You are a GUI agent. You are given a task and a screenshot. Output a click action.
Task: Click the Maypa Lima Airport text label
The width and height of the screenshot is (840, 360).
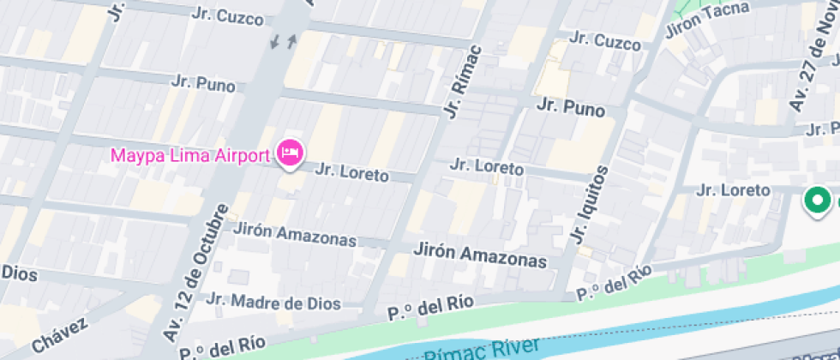click(x=190, y=156)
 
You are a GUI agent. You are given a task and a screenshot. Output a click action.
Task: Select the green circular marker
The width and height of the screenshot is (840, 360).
click(x=818, y=201)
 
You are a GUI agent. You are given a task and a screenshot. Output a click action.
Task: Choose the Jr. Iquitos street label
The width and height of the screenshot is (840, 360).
click(x=591, y=204)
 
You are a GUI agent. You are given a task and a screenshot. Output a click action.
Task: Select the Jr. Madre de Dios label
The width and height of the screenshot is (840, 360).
click(x=273, y=303)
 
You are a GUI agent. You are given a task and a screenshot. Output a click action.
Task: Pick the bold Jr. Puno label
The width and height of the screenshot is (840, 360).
click(x=570, y=109)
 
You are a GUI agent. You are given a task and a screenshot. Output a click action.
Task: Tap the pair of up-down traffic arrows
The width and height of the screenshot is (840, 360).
click(x=284, y=40)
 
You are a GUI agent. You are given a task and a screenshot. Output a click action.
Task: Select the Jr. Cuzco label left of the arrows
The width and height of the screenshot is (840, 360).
click(x=228, y=15)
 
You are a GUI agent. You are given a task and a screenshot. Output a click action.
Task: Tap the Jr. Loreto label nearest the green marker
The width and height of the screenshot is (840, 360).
click(x=735, y=189)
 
